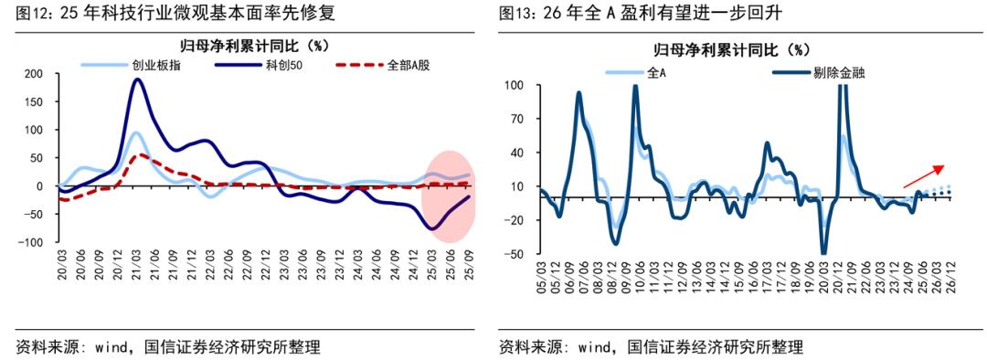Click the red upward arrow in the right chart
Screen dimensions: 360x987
click(x=922, y=176)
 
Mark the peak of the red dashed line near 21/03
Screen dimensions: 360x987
click(x=138, y=155)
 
